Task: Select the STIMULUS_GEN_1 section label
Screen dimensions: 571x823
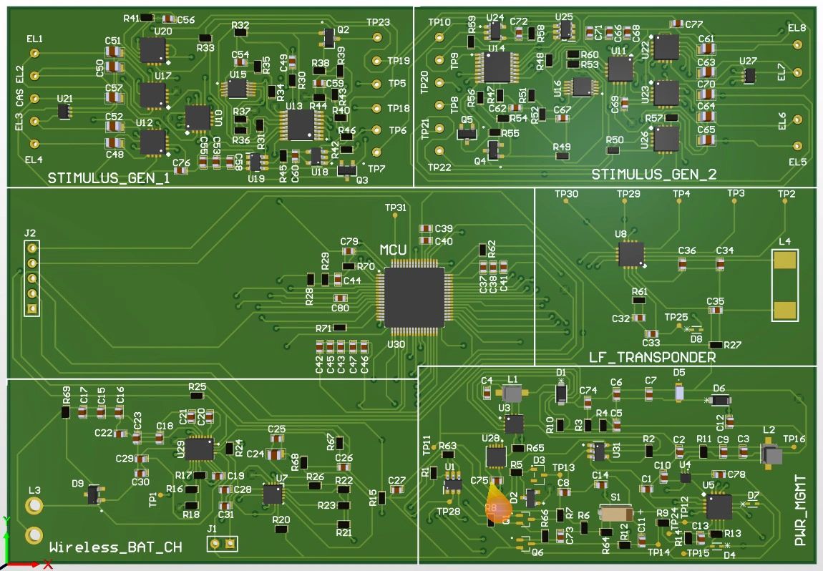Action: (109, 178)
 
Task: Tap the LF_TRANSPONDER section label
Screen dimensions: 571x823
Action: (652, 357)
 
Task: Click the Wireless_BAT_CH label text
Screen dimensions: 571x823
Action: (115, 547)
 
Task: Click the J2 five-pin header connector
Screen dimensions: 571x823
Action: (31, 278)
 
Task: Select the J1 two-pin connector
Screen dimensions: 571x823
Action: (223, 544)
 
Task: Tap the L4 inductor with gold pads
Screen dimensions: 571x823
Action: (785, 285)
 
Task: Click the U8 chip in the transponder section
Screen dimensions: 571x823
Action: (631, 253)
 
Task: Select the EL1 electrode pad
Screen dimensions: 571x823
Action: (34, 53)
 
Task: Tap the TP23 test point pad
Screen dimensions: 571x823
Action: (377, 37)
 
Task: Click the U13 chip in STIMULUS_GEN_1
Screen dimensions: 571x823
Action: (301, 125)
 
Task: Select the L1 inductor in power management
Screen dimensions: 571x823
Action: (512, 394)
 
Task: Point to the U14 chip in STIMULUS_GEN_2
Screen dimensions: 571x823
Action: (496, 67)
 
